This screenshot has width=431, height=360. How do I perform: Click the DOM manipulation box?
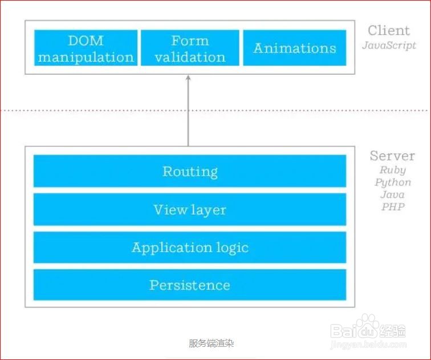86,48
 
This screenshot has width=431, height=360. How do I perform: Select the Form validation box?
190,48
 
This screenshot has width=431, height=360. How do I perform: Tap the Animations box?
295,48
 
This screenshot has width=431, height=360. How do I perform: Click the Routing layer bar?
190,171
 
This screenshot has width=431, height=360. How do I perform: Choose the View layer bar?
190,209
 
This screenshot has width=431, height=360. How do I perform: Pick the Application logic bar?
190,248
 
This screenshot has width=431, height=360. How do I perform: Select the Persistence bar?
190,285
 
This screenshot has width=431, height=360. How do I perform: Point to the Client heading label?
388,30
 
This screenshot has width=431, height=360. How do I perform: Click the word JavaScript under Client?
389,45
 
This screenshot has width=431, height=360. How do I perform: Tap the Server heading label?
392,156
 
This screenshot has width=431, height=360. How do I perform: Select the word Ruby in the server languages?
393,170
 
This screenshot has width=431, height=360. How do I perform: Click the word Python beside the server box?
393,182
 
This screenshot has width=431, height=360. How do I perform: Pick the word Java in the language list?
393,195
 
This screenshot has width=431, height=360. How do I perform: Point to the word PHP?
393,207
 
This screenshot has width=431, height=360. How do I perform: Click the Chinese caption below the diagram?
212,343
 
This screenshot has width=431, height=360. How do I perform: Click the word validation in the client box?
190,57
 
